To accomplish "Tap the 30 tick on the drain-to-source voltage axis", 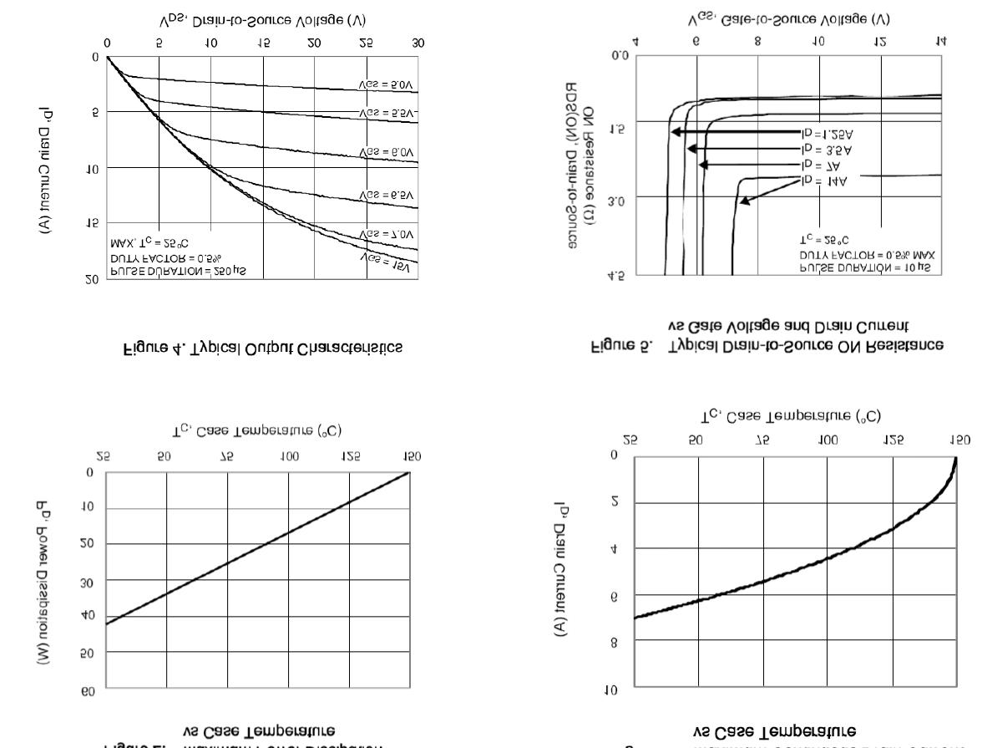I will [x=418, y=42].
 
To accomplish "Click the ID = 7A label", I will [x=822, y=165].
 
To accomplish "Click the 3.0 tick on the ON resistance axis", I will [x=616, y=201].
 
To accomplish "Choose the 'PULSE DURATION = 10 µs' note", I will [x=859, y=267].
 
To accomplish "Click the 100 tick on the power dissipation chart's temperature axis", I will [x=290, y=456].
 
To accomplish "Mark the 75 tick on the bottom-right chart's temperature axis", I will [x=762, y=440].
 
